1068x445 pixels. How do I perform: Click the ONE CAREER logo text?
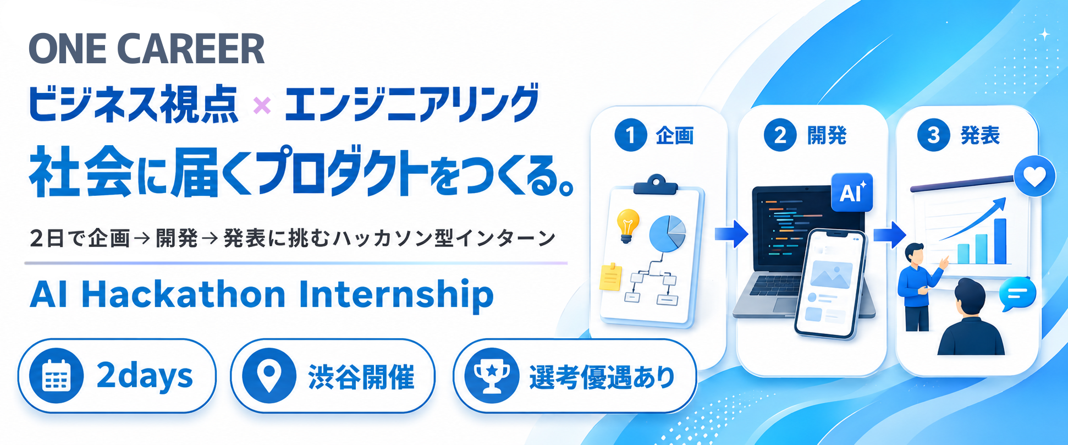[147, 49]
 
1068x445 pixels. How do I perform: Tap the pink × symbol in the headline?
[262, 105]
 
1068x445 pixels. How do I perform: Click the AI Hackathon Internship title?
[262, 295]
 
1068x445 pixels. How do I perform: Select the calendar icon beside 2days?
[56, 376]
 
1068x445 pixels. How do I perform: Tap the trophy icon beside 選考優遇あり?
[492, 376]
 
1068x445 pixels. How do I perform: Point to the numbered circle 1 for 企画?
[631, 135]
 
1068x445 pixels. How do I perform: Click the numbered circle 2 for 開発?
[780, 135]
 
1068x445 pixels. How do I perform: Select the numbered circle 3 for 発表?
[933, 135]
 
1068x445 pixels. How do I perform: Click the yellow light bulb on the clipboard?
[627, 226]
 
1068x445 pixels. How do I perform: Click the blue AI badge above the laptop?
[852, 193]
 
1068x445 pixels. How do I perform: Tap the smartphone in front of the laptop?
[830, 283]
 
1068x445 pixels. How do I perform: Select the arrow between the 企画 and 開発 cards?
[731, 234]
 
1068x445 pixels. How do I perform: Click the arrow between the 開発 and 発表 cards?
[890, 234]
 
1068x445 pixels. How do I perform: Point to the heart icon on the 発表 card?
[1034, 177]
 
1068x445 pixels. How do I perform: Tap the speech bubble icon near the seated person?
[1017, 294]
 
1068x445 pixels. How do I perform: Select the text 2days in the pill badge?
[145, 376]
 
